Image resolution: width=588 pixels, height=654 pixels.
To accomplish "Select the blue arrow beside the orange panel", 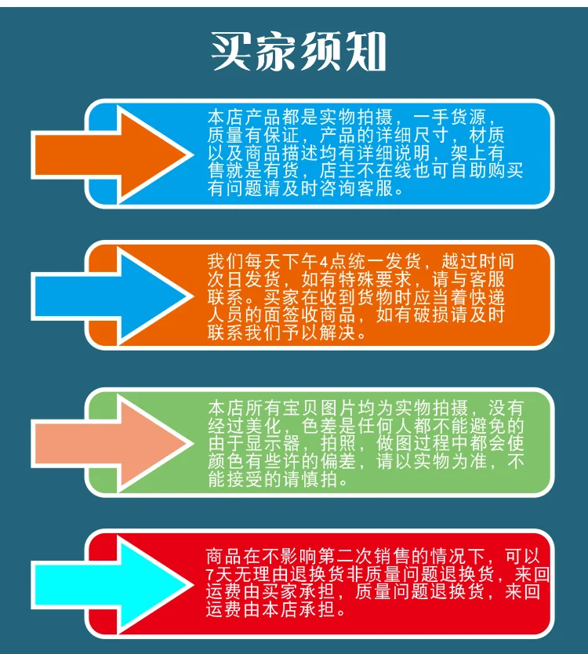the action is click(110, 296).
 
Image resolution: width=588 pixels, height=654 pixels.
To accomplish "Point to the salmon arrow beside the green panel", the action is click(110, 442).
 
